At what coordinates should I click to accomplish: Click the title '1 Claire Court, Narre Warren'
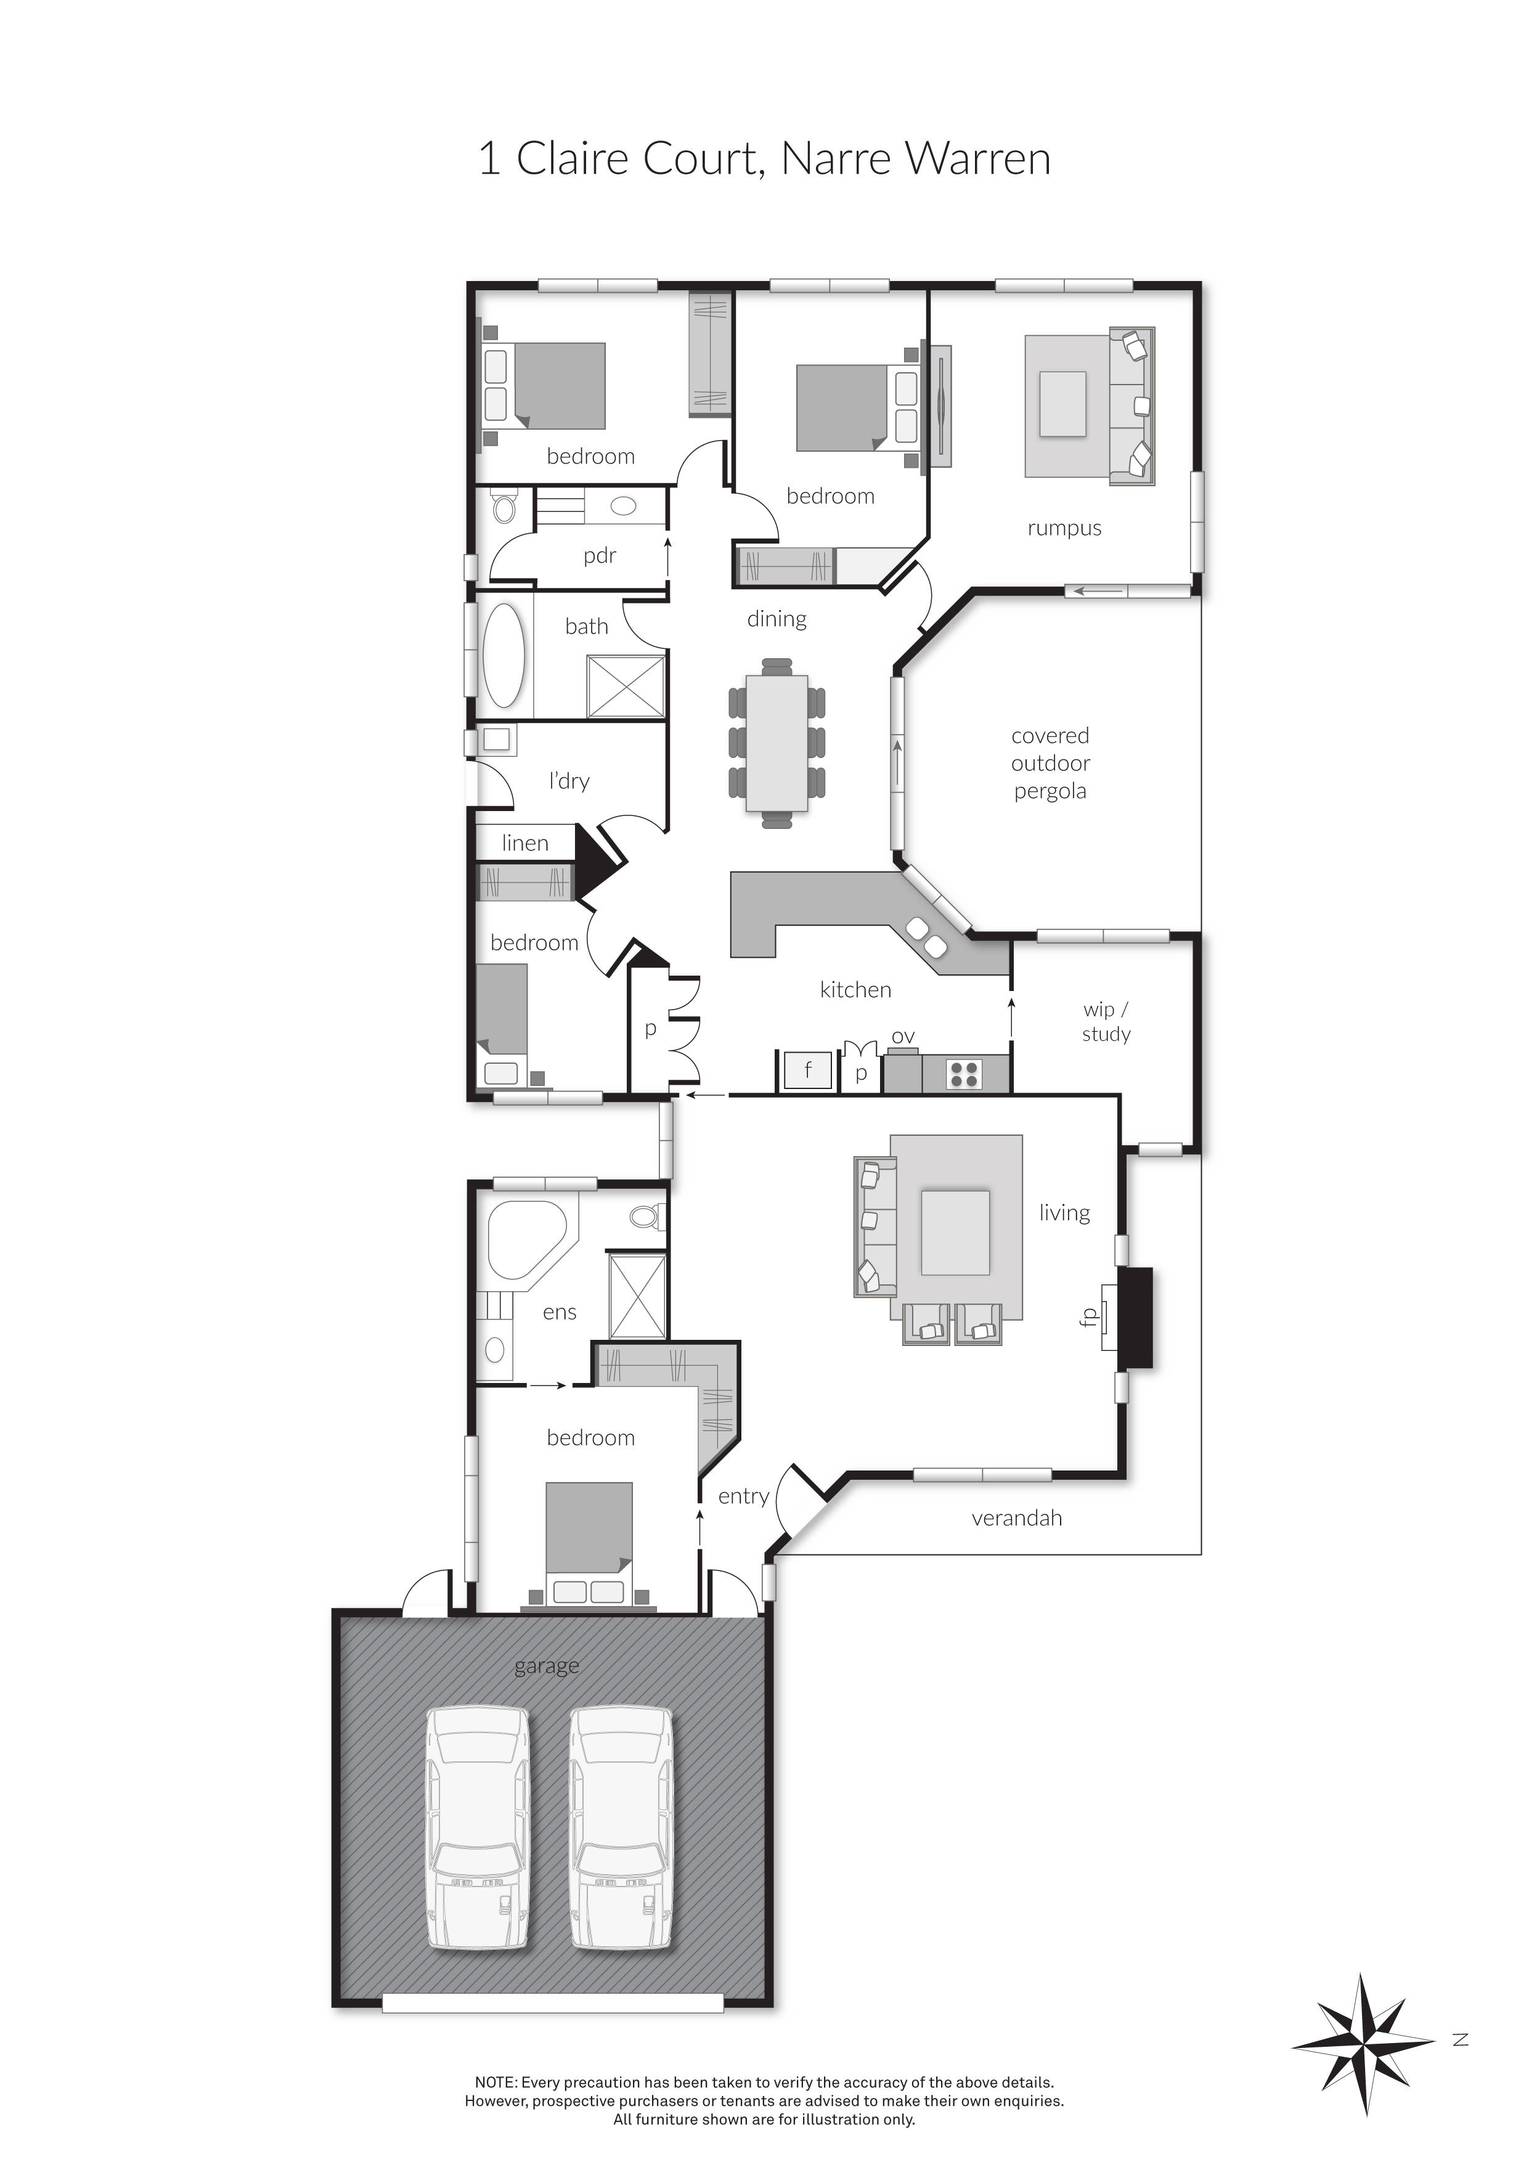764,158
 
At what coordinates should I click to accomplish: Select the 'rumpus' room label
1064,528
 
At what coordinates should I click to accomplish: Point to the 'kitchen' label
855,990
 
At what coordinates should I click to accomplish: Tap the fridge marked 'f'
807,1071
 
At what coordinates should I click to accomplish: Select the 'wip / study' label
1106,1022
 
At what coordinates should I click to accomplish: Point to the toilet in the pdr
505,510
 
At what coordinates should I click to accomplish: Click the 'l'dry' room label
569,781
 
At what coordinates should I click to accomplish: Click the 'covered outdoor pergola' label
1050,764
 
